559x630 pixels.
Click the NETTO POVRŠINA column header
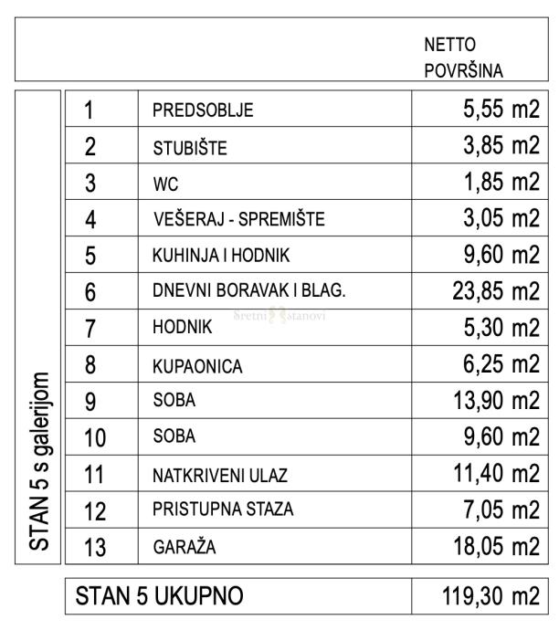click(466, 57)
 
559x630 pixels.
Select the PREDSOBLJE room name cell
click(202, 112)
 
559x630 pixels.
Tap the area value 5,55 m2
click(496, 111)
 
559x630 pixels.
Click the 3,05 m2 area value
click(496, 218)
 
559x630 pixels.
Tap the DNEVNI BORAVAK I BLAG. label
click(248, 292)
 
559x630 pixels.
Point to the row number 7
click(90, 330)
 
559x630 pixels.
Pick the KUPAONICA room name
click(197, 366)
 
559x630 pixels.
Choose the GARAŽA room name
click(184, 549)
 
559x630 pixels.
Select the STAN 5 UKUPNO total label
click(160, 598)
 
